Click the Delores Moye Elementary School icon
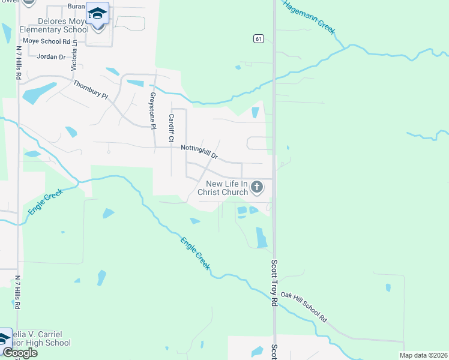pyautogui.click(x=97, y=13)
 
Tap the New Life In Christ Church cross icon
pyautogui.click(x=257, y=188)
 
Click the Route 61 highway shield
pyautogui.click(x=258, y=38)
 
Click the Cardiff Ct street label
pyautogui.click(x=171, y=127)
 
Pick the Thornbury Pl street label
pyautogui.click(x=90, y=92)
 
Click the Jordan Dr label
pyautogui.click(x=51, y=57)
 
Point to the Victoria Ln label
pyautogui.click(x=74, y=56)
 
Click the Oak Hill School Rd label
pyautogui.click(x=304, y=307)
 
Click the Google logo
pyautogui.click(x=19, y=352)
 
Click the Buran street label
pyautogui.click(x=76, y=6)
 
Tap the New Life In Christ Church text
pyautogui.click(x=226, y=188)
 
